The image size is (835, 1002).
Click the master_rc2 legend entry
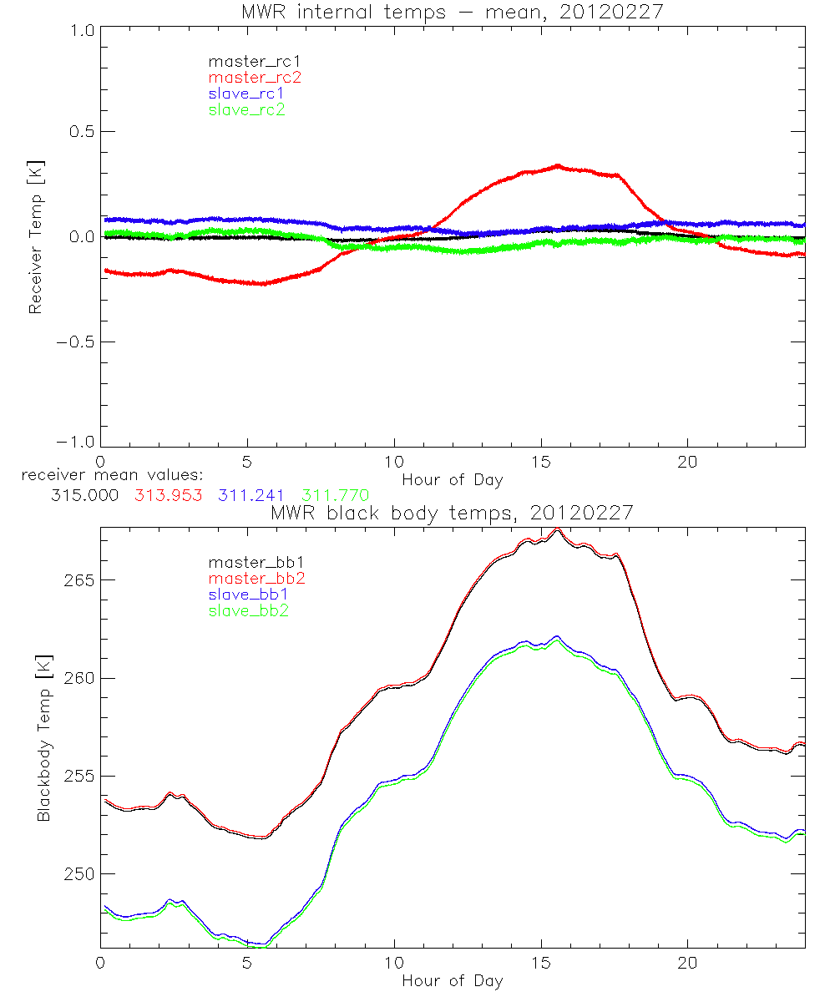click(x=254, y=77)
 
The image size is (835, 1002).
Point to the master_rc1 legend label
click(x=254, y=61)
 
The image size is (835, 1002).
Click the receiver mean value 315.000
click(x=84, y=495)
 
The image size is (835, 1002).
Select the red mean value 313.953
click(x=169, y=495)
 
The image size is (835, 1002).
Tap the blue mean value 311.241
click(x=251, y=495)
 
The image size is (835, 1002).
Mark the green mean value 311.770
click(x=335, y=495)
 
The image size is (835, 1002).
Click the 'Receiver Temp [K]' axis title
click(x=35, y=236)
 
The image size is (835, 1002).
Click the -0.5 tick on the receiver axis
click(x=73, y=342)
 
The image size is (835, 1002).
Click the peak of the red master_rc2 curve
click(x=558, y=165)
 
